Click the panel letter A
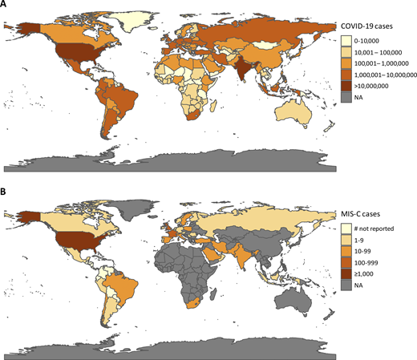pyautogui.click(x=6, y=6)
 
